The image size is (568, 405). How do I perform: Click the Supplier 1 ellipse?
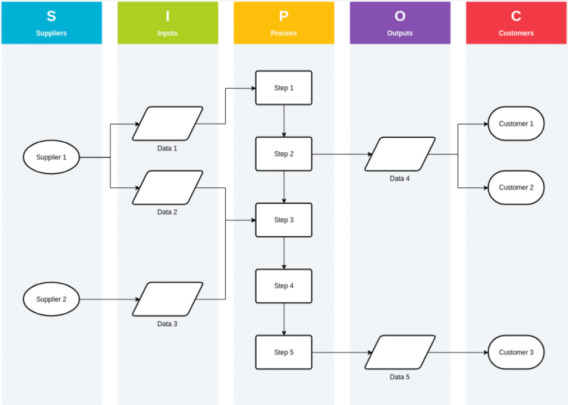pyautogui.click(x=52, y=157)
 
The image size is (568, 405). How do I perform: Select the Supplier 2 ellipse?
pyautogui.click(x=52, y=299)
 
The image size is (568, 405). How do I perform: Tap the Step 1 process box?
pyautogui.click(x=283, y=88)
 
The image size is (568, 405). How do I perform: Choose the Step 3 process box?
pyautogui.click(x=283, y=220)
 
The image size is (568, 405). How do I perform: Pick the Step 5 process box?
pyautogui.click(x=283, y=352)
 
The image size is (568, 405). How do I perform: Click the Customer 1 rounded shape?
pyautogui.click(x=516, y=123)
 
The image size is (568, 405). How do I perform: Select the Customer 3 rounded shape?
pyautogui.click(x=516, y=352)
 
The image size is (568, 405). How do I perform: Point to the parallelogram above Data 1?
pyautogui.click(x=168, y=123)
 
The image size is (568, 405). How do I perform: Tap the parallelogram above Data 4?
pyautogui.click(x=400, y=154)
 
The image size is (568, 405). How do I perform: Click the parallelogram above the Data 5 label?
pyautogui.click(x=400, y=352)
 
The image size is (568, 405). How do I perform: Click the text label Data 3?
pyautogui.click(x=168, y=324)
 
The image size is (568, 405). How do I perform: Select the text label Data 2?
pyautogui.click(x=168, y=212)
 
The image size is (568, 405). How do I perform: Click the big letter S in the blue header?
pyautogui.click(x=52, y=16)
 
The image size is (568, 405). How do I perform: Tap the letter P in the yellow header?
pyautogui.click(x=283, y=16)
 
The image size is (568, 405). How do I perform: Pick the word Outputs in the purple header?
pyautogui.click(x=400, y=33)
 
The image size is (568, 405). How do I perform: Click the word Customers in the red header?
pyautogui.click(x=516, y=33)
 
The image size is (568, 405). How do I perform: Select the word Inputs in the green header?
pyautogui.click(x=168, y=33)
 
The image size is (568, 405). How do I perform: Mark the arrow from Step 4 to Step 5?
pyautogui.click(x=284, y=319)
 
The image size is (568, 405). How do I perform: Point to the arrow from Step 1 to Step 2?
pyautogui.click(x=284, y=121)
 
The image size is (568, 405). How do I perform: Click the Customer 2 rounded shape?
pyautogui.click(x=516, y=187)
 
